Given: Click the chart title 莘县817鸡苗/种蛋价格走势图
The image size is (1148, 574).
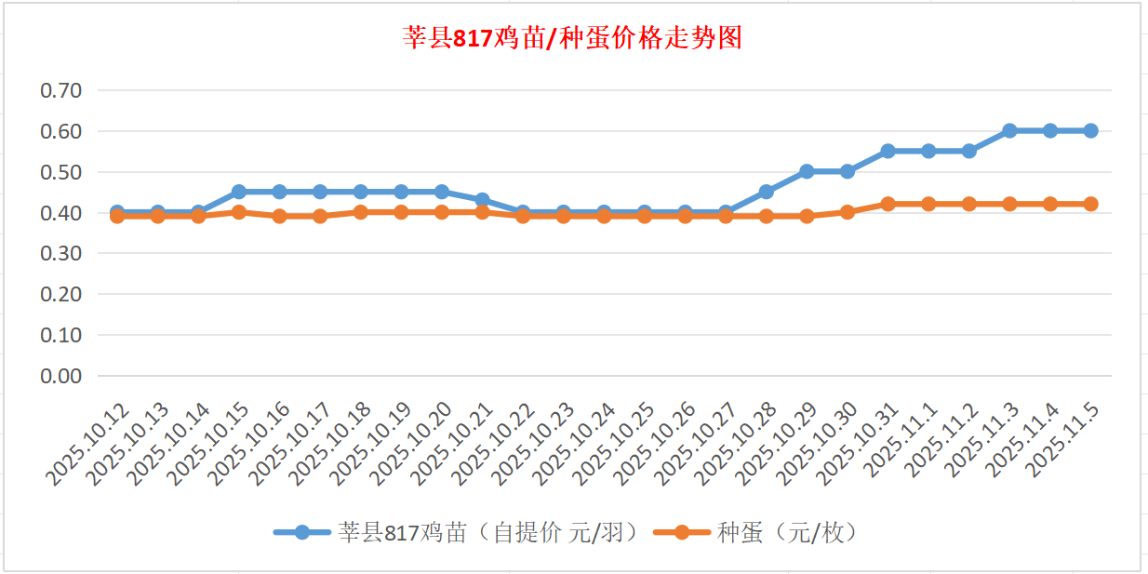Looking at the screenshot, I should pos(572,38).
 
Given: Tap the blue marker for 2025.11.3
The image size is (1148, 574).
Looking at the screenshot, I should pos(1009,131).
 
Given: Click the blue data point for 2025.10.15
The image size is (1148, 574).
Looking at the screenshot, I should pos(239,192).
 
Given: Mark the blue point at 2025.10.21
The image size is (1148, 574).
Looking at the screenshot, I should pos(482,200).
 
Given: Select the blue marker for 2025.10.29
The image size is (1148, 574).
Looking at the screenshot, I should pos(807,171).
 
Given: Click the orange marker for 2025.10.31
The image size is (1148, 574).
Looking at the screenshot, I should pos(888,204).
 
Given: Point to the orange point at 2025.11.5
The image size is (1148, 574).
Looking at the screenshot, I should pos(1090,204).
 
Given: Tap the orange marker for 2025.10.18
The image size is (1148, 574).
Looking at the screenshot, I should pos(360,212).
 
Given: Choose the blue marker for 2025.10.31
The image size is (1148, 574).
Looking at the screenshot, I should pos(888,151).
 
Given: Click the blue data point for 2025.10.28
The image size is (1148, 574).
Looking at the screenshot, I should pos(766,192).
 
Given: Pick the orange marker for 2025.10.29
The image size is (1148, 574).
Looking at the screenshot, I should pos(807,216).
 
